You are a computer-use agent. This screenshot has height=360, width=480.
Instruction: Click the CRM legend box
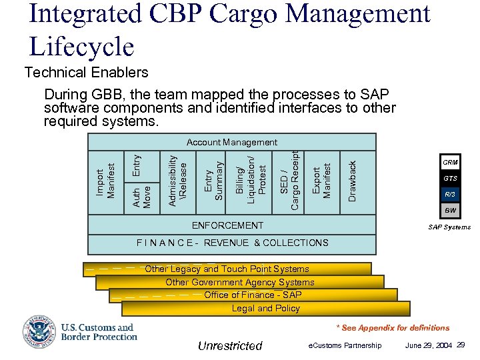pyautogui.click(x=451, y=163)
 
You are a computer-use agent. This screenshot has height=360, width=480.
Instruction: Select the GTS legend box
pyautogui.click(x=451, y=179)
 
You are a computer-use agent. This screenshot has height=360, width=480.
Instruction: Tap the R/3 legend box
pyautogui.click(x=451, y=195)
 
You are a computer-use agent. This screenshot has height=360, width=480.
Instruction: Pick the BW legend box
pyautogui.click(x=451, y=211)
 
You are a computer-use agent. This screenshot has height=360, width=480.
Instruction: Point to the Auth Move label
pyautogui.click(x=142, y=197)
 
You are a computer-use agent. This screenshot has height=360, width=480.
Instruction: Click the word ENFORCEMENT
pyautogui.click(x=227, y=225)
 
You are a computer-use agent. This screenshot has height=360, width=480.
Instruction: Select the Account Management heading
pyautogui.click(x=231, y=142)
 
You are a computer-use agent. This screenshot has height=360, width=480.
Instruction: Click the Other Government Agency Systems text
pyautogui.click(x=239, y=282)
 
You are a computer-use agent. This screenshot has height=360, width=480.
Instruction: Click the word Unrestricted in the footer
pyautogui.click(x=230, y=345)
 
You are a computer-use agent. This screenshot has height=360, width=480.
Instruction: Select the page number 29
pyautogui.click(x=461, y=345)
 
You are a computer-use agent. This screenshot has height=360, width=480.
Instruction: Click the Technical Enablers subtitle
pyautogui.click(x=86, y=72)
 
